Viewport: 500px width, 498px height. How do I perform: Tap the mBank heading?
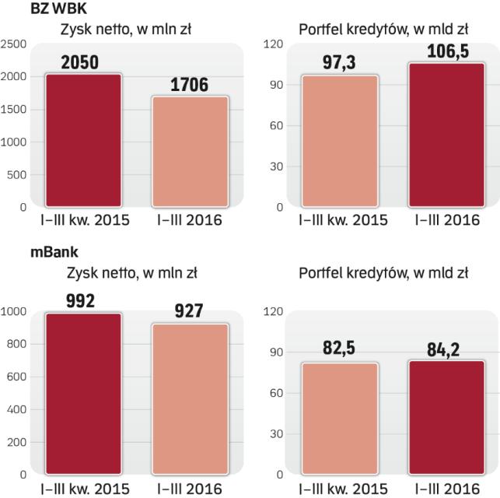[25, 252]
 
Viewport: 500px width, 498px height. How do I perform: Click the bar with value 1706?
[189, 153]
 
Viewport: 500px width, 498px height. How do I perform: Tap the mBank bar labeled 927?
[189, 399]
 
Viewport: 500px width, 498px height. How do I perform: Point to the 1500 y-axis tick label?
[14, 110]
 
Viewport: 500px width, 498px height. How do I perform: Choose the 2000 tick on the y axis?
[14, 76]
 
